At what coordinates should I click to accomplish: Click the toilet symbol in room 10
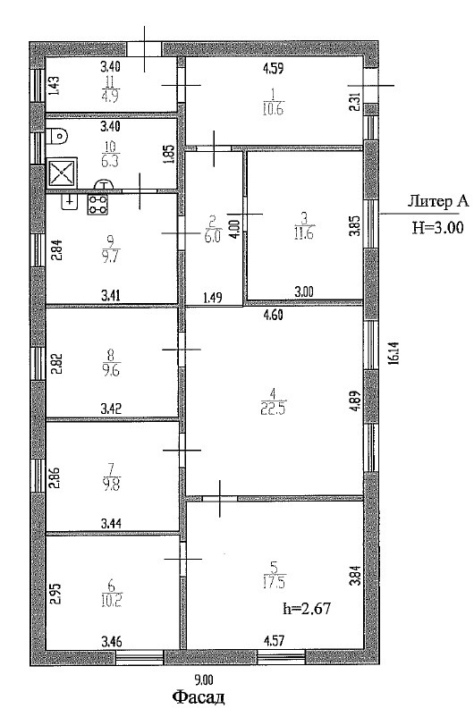tap(56, 136)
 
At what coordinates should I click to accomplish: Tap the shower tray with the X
tap(62, 173)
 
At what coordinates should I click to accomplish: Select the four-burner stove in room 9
tap(97, 205)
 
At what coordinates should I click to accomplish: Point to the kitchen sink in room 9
tap(70, 202)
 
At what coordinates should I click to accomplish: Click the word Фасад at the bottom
tap(199, 698)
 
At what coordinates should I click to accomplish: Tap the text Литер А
tap(438, 200)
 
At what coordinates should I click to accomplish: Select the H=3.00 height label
tap(438, 227)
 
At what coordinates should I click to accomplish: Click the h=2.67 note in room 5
tap(307, 608)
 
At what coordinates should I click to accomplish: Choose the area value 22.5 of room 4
tap(274, 409)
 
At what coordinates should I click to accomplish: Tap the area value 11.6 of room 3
tap(303, 232)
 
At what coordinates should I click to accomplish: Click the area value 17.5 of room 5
tap(274, 584)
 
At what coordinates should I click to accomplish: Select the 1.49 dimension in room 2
tap(213, 298)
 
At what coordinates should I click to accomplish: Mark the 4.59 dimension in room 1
tap(273, 69)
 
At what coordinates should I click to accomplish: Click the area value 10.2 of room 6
tap(111, 601)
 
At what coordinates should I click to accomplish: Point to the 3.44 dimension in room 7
tap(111, 523)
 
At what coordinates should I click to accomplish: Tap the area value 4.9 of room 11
tap(110, 97)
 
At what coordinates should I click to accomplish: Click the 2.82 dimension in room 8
tap(55, 363)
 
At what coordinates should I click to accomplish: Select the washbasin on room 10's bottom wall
tap(105, 184)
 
